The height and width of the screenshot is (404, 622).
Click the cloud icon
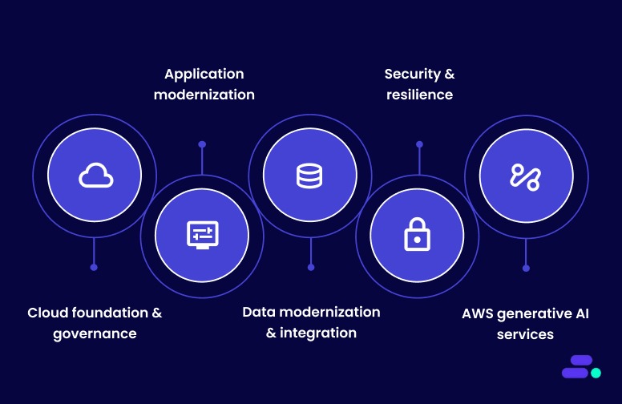coord(95,175)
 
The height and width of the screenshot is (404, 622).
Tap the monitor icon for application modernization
coord(202,235)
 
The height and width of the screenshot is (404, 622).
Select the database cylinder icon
coord(309,175)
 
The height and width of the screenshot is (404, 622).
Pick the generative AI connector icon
coord(525,176)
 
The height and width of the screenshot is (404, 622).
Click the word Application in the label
coord(204,74)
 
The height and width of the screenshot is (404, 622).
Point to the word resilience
coord(419,95)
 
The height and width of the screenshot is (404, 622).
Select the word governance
coord(95,333)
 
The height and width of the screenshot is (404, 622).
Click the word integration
coord(319,332)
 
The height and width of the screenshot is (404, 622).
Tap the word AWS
coord(479,313)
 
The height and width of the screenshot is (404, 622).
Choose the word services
coord(525,333)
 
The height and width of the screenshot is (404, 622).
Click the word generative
coord(534,313)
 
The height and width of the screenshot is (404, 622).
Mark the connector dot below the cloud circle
coord(94,267)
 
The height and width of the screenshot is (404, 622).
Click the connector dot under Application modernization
coord(202,144)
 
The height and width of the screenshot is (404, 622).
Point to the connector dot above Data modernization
coord(311,267)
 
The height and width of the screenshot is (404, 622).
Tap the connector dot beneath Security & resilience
coord(418,144)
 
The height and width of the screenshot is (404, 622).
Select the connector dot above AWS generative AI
coord(526,268)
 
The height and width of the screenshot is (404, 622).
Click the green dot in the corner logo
coord(596,373)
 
